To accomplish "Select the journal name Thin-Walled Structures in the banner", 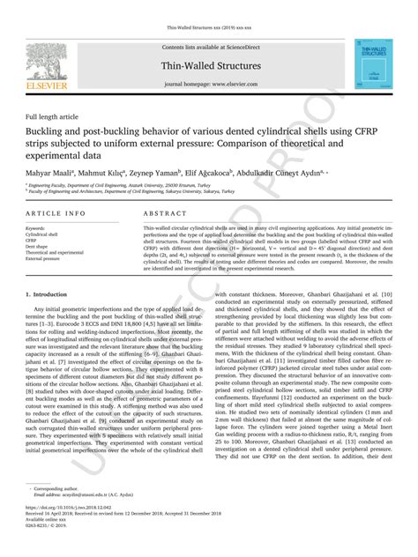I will pyautogui.click(x=210, y=66).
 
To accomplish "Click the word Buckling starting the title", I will pyautogui.click(x=46, y=131).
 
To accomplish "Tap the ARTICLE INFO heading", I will pyautogui.click(x=56, y=214).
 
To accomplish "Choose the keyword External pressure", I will pyautogui.click(x=49, y=258).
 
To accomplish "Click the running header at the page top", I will pyautogui.click(x=209, y=27).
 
